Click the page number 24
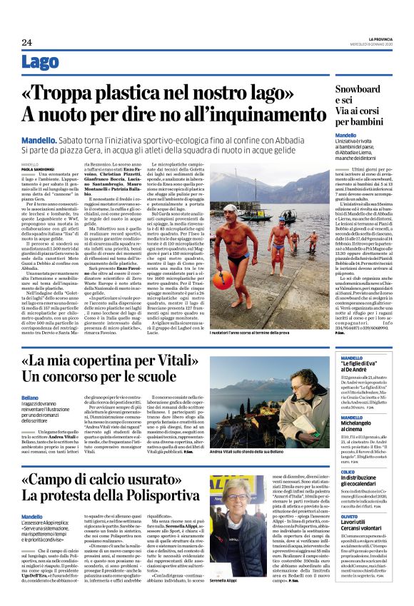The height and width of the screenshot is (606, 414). tap(26, 42)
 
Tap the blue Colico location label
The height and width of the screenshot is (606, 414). tap(348, 472)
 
